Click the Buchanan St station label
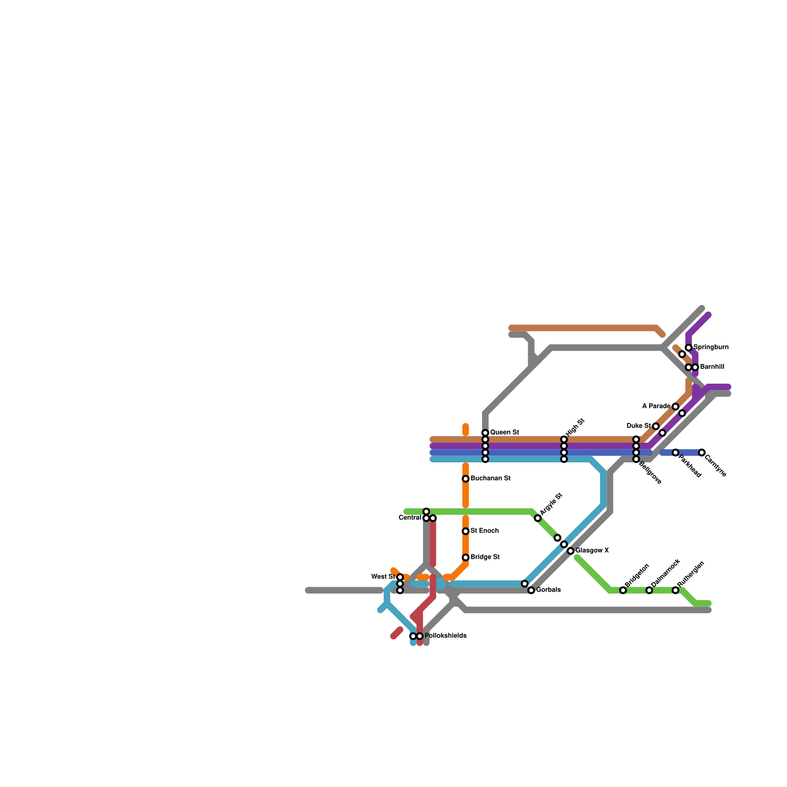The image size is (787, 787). point(490,479)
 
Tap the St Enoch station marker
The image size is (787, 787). point(465,531)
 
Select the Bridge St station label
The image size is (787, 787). point(484,557)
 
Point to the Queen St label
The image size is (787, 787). point(504,433)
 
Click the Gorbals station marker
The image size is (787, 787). point(531,590)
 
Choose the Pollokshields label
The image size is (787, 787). point(445,636)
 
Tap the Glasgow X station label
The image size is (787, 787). point(592,551)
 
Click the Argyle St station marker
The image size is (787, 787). point(538,518)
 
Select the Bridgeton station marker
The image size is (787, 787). point(623,590)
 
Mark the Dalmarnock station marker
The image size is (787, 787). point(649,590)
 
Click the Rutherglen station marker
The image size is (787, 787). point(676,590)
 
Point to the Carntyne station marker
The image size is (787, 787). point(702,453)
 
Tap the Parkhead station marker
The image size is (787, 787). point(676,453)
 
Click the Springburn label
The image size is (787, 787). point(711,347)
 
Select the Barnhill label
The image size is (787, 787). point(712,367)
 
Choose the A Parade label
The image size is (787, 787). point(656,406)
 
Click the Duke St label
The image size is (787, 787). point(638,426)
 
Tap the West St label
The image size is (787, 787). point(383,577)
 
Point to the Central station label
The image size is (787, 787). point(410,518)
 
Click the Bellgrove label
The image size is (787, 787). point(650,472)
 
